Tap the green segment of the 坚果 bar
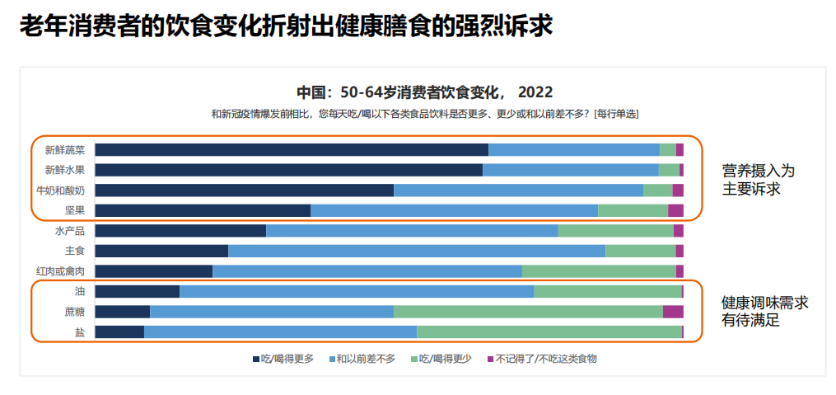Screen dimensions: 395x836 pyautogui.click(x=633, y=210)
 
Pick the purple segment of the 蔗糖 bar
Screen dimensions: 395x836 pyautogui.click(x=673, y=312)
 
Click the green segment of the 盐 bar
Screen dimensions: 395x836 pyautogui.click(x=549, y=332)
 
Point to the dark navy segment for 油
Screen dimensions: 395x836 pyautogui.click(x=137, y=291)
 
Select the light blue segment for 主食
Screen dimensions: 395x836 pyautogui.click(x=416, y=251)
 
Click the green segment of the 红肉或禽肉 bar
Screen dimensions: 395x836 pyautogui.click(x=599, y=270)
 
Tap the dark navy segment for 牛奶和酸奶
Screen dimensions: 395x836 pyautogui.click(x=244, y=190)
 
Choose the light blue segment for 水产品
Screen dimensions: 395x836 pyautogui.click(x=412, y=231)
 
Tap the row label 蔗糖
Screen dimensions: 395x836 pyautogui.click(x=74, y=312)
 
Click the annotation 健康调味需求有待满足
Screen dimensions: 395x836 pyautogui.click(x=764, y=312)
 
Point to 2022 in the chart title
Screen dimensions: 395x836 pyautogui.click(x=535, y=92)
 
